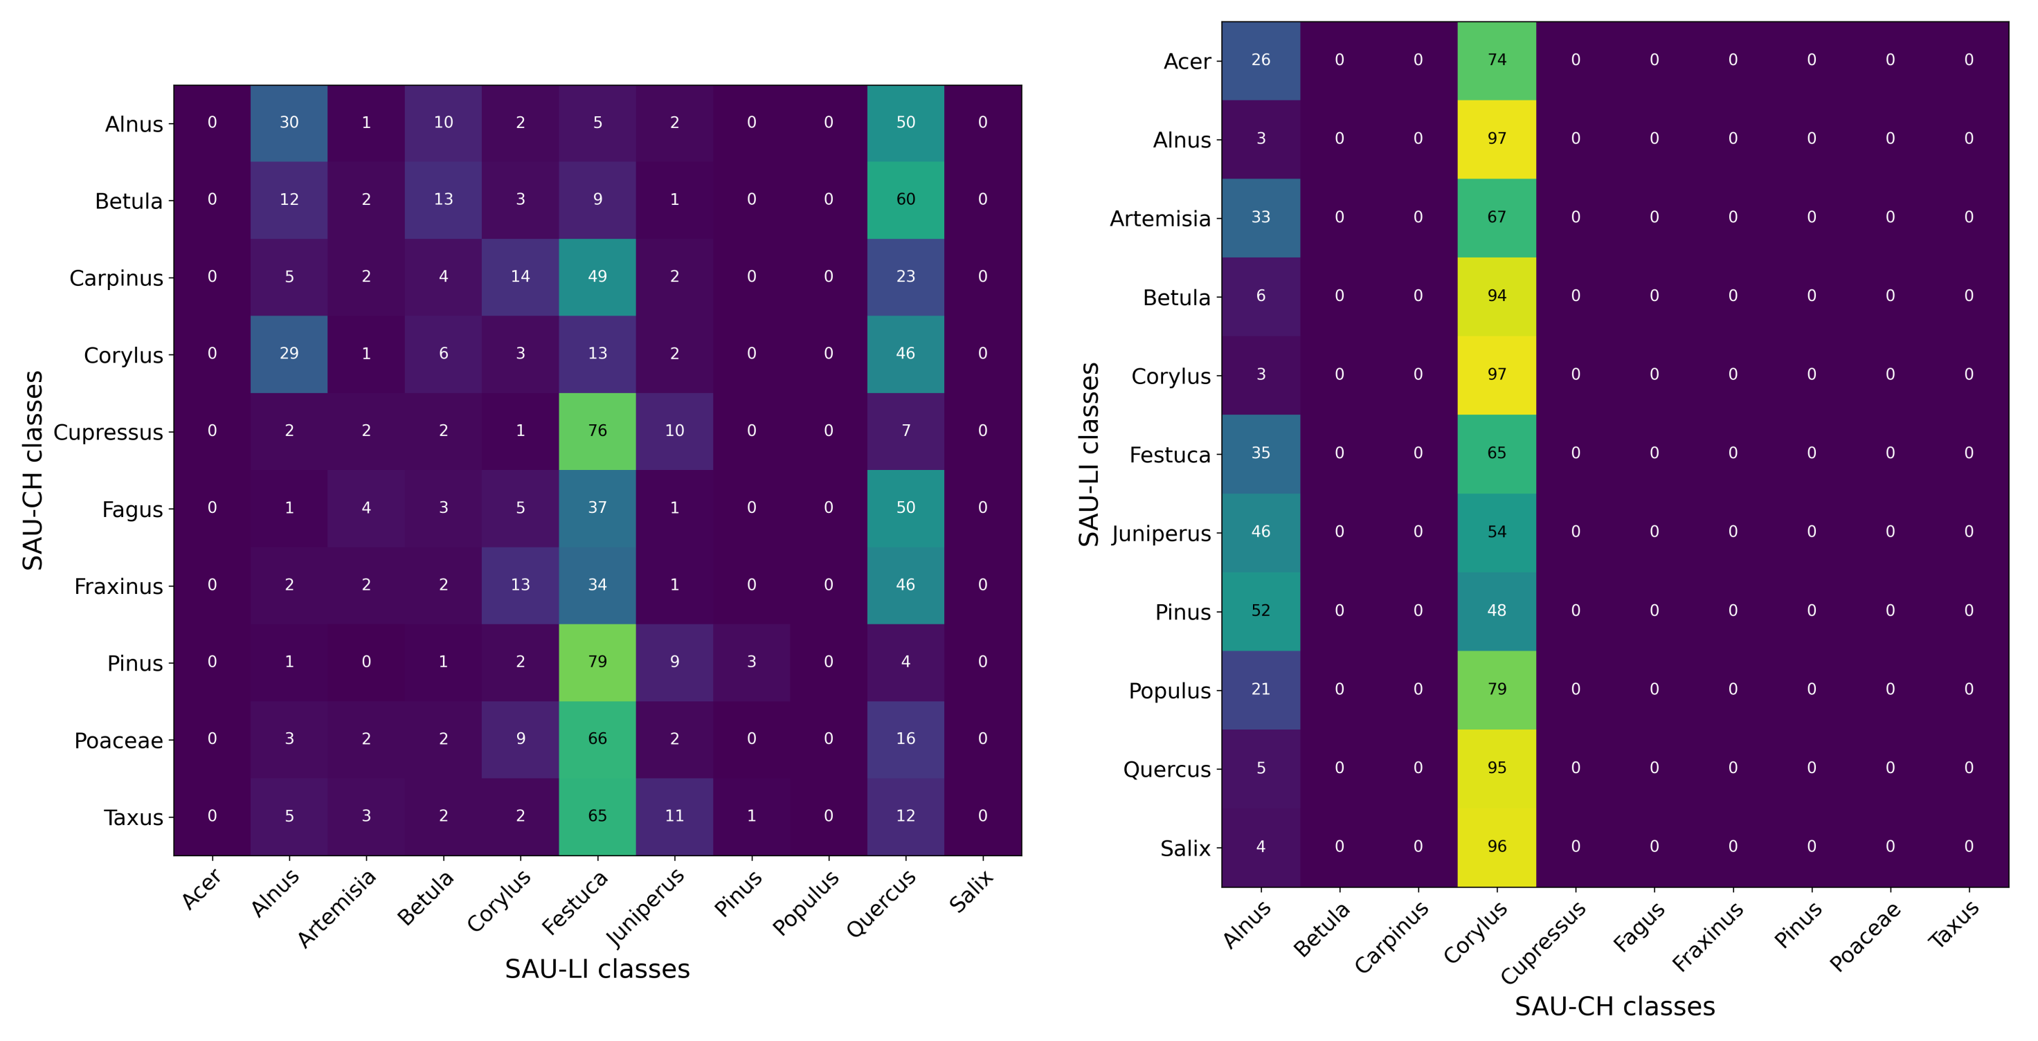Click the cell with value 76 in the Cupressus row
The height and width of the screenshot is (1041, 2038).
coord(597,431)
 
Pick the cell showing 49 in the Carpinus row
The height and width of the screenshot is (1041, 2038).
coord(597,276)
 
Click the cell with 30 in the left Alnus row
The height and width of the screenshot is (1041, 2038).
coord(289,123)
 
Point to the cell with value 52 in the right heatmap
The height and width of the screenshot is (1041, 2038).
coord(1261,610)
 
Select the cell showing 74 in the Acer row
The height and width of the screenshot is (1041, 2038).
coord(1496,60)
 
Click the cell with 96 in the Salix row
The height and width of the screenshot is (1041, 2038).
coord(1496,847)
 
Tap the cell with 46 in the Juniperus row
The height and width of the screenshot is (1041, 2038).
coord(1261,532)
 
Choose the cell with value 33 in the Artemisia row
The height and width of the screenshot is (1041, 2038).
coord(1261,217)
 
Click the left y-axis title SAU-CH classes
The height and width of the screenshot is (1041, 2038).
coord(33,470)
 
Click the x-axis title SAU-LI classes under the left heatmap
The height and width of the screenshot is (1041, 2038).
coord(597,969)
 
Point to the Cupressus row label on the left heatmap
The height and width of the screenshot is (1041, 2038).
coord(109,433)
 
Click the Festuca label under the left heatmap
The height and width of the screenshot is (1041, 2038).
coord(576,902)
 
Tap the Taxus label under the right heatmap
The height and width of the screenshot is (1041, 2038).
coord(1953,923)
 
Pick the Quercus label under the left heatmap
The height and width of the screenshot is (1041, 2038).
coord(881,902)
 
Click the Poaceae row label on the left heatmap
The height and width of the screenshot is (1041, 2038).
coord(118,741)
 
